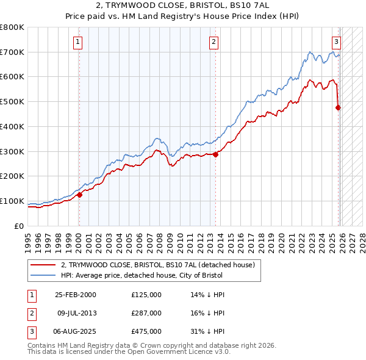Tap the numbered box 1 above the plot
click(79, 42)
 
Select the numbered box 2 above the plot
click(214, 42)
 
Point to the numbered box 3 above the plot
click(336, 42)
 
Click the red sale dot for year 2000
click(79, 195)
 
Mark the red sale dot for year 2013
click(215, 154)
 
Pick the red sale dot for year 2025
click(339, 108)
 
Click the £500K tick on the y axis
click(13, 102)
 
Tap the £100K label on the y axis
click(13, 201)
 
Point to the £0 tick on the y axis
click(20, 226)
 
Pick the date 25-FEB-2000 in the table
click(75, 295)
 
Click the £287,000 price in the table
click(146, 313)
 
